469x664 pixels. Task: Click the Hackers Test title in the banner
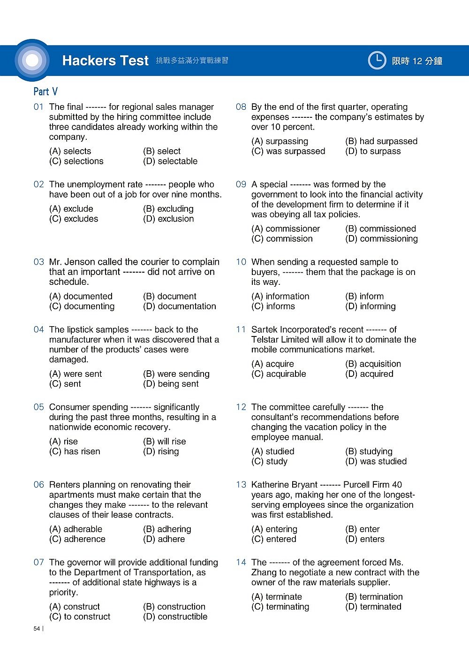click(105, 61)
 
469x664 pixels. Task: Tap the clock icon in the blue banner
click(377, 61)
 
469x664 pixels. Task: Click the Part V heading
click(45, 92)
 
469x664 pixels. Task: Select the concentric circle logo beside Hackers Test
click(32, 61)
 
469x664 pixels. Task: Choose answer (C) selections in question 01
click(76, 161)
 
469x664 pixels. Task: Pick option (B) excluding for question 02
click(168, 209)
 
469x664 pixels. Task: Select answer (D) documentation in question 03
click(180, 306)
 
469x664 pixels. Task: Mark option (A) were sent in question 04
click(76, 374)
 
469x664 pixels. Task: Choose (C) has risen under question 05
click(75, 451)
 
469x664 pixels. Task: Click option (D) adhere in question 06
click(164, 539)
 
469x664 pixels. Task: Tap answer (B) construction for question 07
click(174, 607)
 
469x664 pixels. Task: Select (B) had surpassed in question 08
click(381, 141)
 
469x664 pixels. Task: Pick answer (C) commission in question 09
click(282, 239)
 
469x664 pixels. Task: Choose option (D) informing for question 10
click(371, 306)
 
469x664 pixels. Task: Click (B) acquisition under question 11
click(373, 364)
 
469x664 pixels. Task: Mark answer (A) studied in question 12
click(273, 451)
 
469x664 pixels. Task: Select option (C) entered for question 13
click(274, 539)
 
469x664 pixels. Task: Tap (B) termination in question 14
click(374, 597)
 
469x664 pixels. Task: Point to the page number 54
click(37, 629)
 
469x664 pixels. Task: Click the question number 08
click(241, 107)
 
